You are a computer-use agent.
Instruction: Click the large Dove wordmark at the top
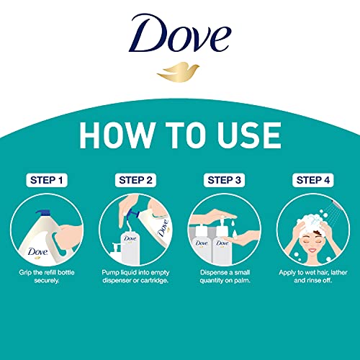pyautogui.click(x=180, y=33)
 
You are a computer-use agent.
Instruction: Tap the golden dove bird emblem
pyautogui.click(x=178, y=72)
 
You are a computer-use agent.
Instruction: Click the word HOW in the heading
pyautogui.click(x=117, y=135)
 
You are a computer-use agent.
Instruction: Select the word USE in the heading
pyautogui.click(x=249, y=135)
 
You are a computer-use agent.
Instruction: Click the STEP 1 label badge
pyautogui.click(x=47, y=180)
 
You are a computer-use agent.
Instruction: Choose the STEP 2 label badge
pyautogui.click(x=135, y=180)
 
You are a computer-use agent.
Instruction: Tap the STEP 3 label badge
pyautogui.click(x=224, y=180)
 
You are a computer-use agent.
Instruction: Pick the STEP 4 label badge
pyautogui.click(x=313, y=180)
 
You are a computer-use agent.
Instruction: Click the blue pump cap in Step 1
pyautogui.click(x=43, y=213)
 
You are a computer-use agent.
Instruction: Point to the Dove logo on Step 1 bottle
pyautogui.click(x=37, y=252)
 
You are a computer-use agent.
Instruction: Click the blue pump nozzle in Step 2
pyautogui.click(x=132, y=213)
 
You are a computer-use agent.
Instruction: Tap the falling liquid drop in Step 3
pyautogui.click(x=233, y=222)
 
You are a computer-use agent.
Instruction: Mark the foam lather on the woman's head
pyautogui.click(x=311, y=221)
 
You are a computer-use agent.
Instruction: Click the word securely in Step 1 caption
pyautogui.click(x=47, y=281)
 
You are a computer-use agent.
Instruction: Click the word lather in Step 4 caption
pyautogui.click(x=338, y=272)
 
